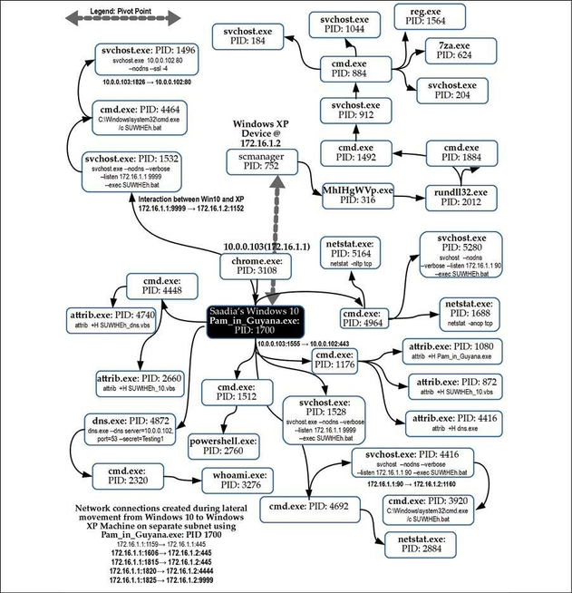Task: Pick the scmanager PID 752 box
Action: tap(258, 161)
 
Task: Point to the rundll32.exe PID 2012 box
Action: tap(458, 197)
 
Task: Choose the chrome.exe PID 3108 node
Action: tap(252, 267)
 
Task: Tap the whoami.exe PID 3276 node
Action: tap(232, 481)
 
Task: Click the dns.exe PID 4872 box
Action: tap(135, 425)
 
